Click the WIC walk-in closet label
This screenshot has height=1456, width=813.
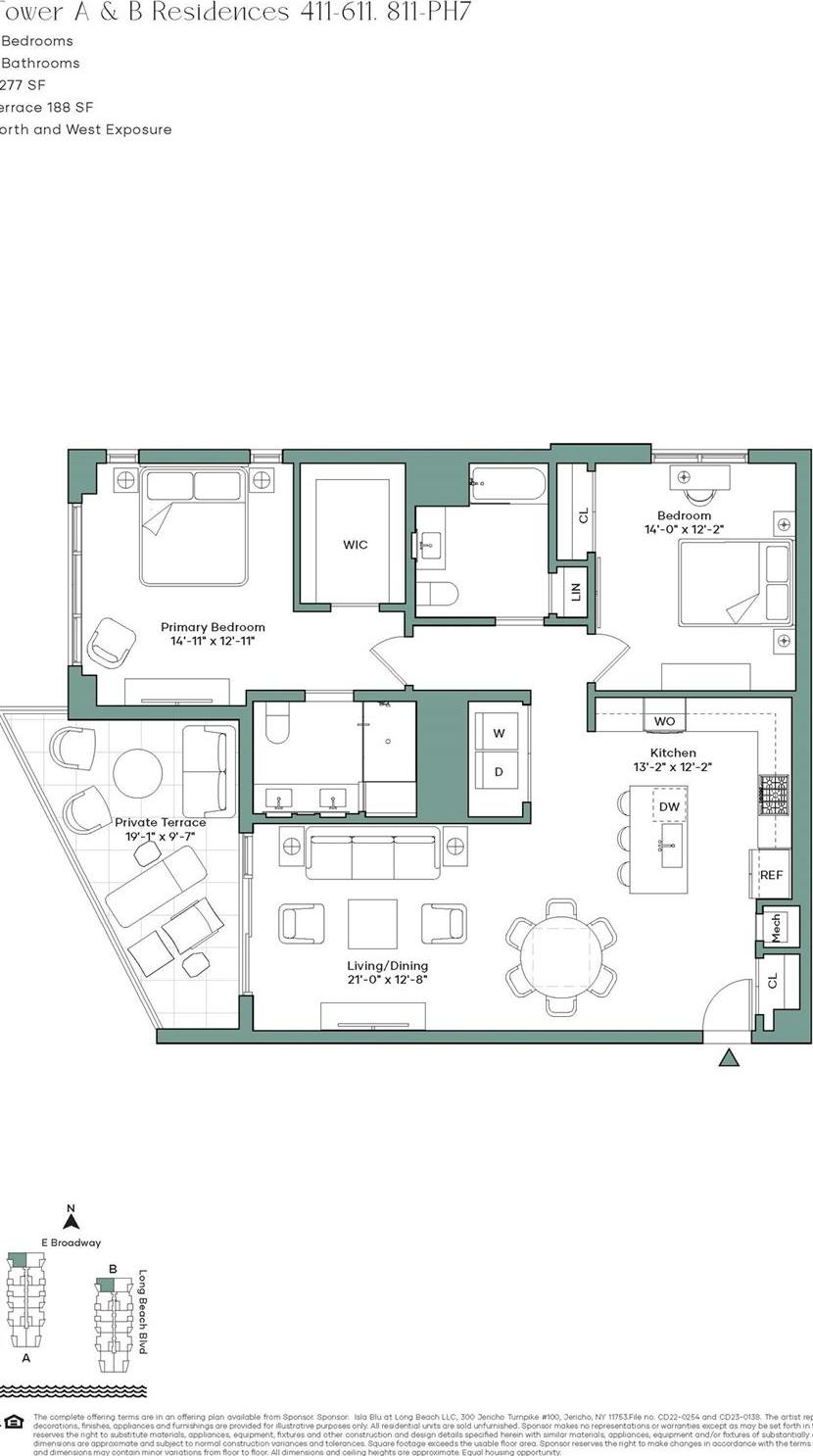pos(355,545)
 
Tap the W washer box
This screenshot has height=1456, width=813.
pos(499,733)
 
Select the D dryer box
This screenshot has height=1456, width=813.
pos(499,772)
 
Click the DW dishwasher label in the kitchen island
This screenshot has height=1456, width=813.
pos(669,806)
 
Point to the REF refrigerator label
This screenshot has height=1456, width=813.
pos(772,875)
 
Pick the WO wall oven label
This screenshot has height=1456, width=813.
pos(664,721)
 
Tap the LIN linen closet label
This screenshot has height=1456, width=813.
pos(576,592)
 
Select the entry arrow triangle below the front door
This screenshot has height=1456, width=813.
pos(728,1057)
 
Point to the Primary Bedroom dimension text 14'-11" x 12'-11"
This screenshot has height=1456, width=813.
pos(213,643)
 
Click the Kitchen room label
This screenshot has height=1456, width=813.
pos(673,752)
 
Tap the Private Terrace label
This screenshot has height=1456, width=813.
pos(161,822)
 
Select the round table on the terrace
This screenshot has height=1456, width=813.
pos(137,773)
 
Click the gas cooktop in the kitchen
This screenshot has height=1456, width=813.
pos(774,796)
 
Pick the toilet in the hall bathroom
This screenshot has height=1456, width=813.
pos(437,595)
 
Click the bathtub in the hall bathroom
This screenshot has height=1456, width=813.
pos(507,484)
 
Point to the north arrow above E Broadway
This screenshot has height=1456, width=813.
pos(71,1221)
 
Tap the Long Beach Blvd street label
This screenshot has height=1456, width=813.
pos(142,1312)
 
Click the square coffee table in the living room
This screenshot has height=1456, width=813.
pos(372,924)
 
